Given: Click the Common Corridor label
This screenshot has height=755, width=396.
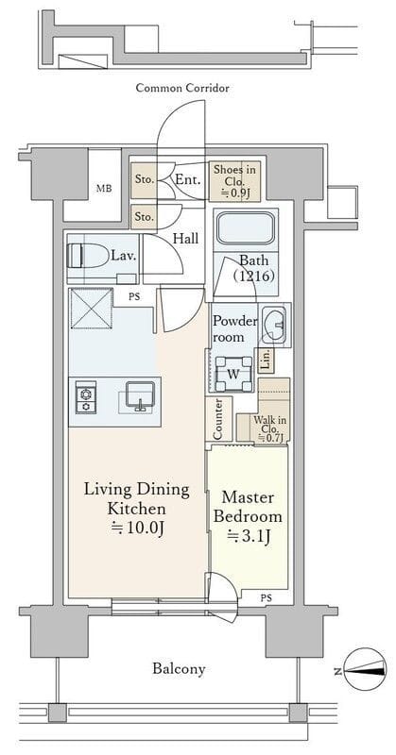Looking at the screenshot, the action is (x=182, y=88).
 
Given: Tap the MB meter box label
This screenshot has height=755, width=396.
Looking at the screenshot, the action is (x=104, y=188).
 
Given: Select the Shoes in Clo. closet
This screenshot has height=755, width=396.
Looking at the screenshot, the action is (x=235, y=181).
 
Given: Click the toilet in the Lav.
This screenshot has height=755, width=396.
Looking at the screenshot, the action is (x=88, y=255).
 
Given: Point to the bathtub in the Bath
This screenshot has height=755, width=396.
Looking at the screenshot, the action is (x=246, y=229).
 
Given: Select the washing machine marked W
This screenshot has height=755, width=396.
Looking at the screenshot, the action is (x=233, y=374).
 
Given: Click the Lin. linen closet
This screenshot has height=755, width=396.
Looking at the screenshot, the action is (x=266, y=360).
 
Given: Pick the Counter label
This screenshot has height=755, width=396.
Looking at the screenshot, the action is (x=217, y=418).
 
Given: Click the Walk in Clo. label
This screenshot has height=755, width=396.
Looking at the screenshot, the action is (x=270, y=429).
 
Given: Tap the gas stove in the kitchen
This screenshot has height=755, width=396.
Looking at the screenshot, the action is (x=85, y=397).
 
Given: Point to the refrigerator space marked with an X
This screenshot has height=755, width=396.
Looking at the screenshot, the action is (x=91, y=309).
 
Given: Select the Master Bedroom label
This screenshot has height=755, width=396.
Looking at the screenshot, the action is (x=248, y=507).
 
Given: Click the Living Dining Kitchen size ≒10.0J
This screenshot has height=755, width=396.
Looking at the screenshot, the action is (x=137, y=528).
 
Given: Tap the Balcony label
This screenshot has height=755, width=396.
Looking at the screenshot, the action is (x=179, y=669).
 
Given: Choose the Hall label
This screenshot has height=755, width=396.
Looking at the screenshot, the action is (x=185, y=239).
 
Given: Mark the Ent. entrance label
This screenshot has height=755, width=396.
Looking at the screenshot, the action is (x=188, y=180).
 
